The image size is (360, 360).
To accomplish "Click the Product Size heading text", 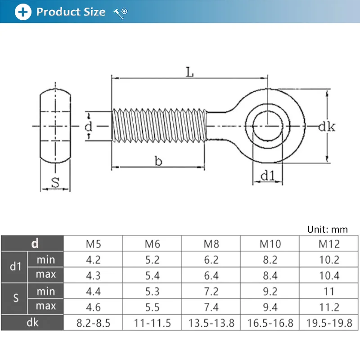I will click(71, 12).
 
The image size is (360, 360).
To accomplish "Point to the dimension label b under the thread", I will click(158, 161).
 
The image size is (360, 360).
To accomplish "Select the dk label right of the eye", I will click(327, 127).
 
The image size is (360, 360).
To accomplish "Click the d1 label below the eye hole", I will click(268, 177).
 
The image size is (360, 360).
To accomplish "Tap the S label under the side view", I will click(55, 183).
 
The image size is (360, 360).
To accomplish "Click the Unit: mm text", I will click(327, 229).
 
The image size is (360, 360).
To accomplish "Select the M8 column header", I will click(211, 244).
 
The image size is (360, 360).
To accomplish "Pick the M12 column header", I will click(329, 244).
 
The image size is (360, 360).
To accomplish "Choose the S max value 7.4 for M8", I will click(211, 307).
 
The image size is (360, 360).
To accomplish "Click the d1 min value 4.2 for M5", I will click(93, 260).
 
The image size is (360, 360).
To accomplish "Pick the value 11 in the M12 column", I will click(329, 292).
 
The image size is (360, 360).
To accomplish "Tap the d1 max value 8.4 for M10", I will click(270, 275).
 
